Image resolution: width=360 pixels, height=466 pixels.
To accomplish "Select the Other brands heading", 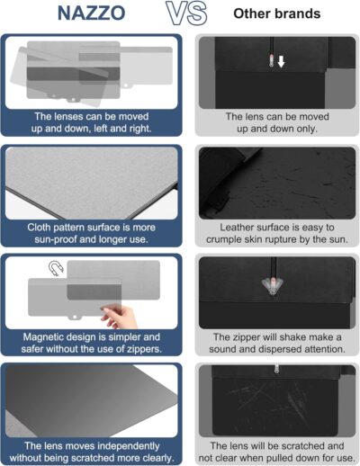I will [x=277, y=15].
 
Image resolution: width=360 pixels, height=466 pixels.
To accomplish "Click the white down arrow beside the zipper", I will [x=280, y=62].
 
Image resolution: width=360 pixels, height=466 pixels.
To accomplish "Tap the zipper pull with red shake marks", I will [x=269, y=282].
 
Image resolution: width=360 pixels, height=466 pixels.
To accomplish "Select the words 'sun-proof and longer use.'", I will [x=92, y=241].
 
